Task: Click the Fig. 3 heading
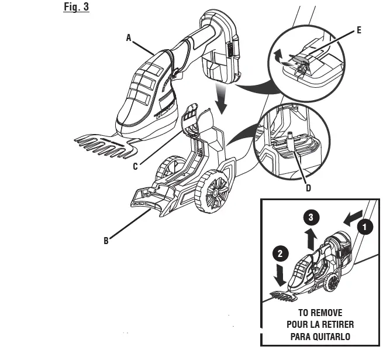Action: pyautogui.click(x=76, y=8)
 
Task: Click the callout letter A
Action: pyautogui.click(x=129, y=37)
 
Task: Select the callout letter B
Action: pyautogui.click(x=106, y=240)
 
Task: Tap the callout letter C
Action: pyautogui.click(x=135, y=166)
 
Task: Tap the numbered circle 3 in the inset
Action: pyautogui.click(x=312, y=217)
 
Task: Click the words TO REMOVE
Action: pyautogui.click(x=320, y=313)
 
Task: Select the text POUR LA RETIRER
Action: pyautogui.click(x=320, y=324)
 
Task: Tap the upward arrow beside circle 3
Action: pyautogui.click(x=312, y=239)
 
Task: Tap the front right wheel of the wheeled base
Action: pyautogui.click(x=212, y=193)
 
